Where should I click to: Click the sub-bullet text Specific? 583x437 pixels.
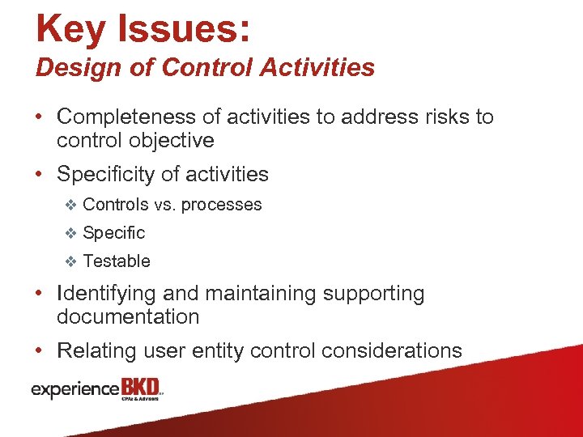(114, 233)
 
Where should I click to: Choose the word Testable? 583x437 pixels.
(117, 261)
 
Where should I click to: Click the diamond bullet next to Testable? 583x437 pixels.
(70, 261)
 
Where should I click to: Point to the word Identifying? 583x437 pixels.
(107, 294)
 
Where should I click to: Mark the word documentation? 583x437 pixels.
(128, 317)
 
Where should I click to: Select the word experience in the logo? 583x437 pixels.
(74, 389)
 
